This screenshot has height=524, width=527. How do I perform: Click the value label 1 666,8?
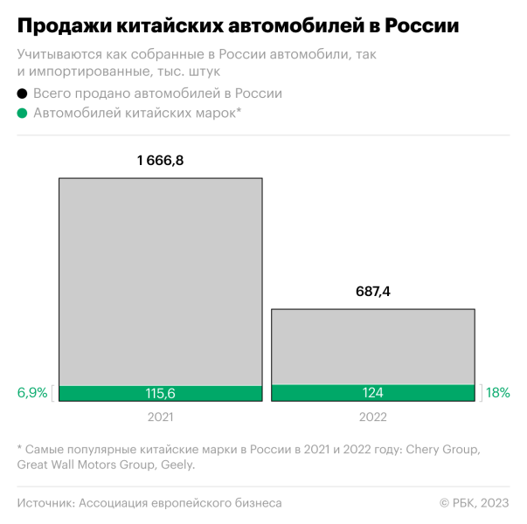pos(160,161)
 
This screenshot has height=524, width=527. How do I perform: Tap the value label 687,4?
pos(372,292)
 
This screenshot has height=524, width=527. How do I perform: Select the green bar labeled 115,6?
pos(160,394)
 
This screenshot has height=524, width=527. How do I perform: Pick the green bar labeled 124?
pos(372,393)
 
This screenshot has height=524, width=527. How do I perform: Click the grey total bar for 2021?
pos(160,279)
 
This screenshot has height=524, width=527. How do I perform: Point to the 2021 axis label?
pos(160,417)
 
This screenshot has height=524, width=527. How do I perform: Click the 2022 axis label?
pos(372,417)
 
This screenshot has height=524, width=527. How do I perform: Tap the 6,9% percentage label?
pos(32,393)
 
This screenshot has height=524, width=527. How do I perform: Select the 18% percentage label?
pos(498,393)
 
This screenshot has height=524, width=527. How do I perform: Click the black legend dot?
pos(22,93)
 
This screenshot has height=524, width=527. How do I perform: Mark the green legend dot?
pos(22,113)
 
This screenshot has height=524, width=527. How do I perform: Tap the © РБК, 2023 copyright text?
pos(474,503)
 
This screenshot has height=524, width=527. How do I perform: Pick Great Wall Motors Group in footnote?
pos(86,465)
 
